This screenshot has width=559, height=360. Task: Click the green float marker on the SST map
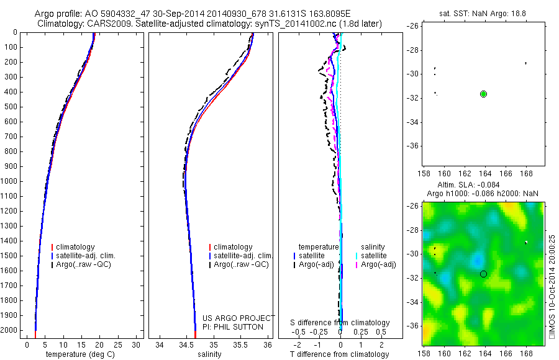click(x=484, y=94)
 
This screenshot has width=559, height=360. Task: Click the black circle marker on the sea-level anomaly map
click(x=483, y=274)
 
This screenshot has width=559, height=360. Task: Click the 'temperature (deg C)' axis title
click(x=78, y=354)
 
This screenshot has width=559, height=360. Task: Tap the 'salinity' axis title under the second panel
click(x=210, y=354)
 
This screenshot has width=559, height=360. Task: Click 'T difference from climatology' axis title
click(x=340, y=354)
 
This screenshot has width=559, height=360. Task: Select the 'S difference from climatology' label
click(x=340, y=323)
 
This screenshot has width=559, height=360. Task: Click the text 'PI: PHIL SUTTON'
click(x=233, y=327)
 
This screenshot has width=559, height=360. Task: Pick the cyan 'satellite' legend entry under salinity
click(x=374, y=256)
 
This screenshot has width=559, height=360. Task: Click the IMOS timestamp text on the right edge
click(x=553, y=286)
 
